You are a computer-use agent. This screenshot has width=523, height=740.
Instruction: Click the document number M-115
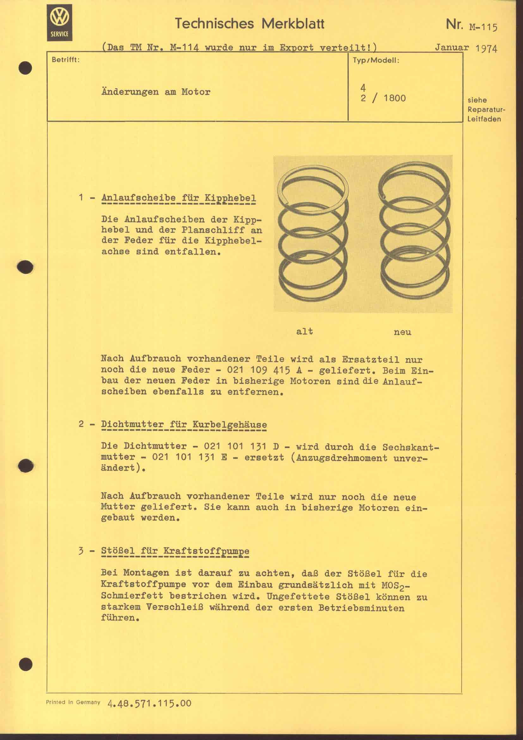(x=483, y=27)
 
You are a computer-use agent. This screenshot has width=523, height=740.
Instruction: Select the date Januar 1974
(x=466, y=48)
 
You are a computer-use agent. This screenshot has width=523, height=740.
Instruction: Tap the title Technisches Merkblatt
(x=249, y=24)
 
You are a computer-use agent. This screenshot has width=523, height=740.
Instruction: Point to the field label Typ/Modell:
(x=376, y=61)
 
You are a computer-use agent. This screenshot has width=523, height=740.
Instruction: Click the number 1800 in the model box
(x=395, y=98)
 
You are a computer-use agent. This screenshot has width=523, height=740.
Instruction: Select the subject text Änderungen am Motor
(x=156, y=92)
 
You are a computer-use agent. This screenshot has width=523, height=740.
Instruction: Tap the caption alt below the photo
(x=304, y=331)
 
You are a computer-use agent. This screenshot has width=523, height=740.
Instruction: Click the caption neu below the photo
(x=403, y=332)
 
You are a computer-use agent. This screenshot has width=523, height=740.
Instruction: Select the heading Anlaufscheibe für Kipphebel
(x=179, y=197)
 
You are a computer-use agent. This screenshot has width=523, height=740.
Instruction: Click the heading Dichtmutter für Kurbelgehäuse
(x=184, y=424)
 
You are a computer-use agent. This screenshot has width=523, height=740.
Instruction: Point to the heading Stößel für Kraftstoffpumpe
(x=175, y=550)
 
